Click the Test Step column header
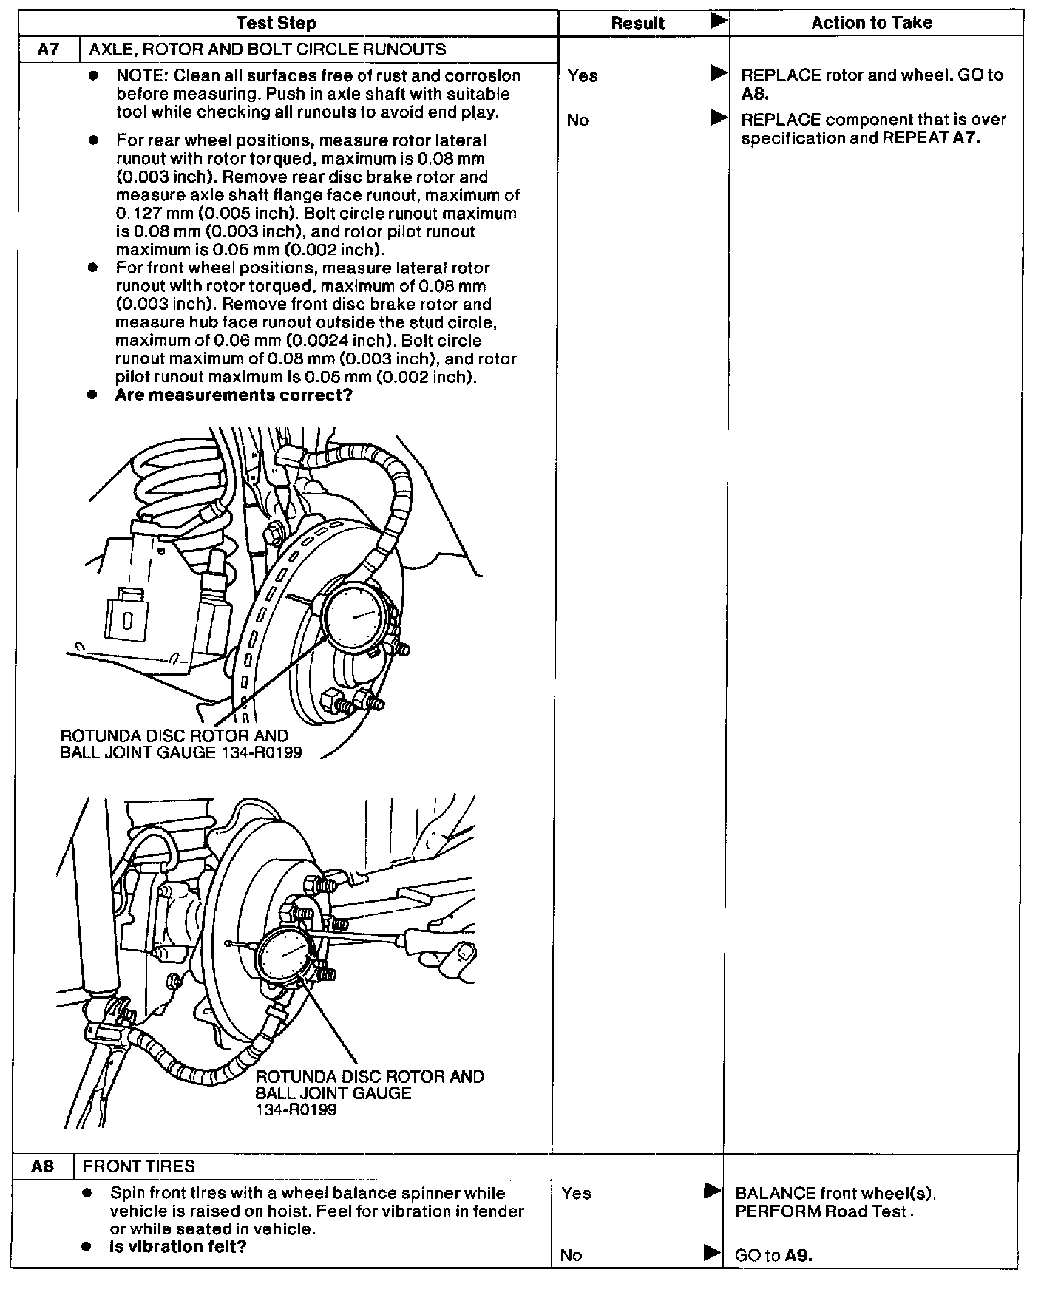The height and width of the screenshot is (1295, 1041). click(276, 23)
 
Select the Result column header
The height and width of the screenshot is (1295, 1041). click(637, 23)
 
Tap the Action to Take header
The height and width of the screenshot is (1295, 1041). click(872, 23)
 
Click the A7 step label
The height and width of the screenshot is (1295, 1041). click(47, 50)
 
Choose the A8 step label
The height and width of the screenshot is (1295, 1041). click(43, 1166)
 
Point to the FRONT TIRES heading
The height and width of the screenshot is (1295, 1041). click(138, 1166)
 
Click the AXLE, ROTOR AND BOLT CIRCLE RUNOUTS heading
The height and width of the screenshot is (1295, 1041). click(268, 50)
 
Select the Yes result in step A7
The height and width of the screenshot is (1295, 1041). click(583, 75)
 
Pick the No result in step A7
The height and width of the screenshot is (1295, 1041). click(577, 120)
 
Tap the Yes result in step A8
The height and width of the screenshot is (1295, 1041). click(576, 1193)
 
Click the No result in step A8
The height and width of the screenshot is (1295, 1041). click(571, 1255)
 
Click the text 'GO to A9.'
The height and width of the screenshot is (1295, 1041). click(773, 1255)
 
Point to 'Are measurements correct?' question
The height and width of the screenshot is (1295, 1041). click(234, 395)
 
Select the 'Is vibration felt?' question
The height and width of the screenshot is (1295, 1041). click(177, 1247)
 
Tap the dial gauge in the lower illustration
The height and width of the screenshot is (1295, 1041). click(285, 954)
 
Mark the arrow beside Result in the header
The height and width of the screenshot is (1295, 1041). click(718, 21)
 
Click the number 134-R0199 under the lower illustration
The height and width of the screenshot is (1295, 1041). click(296, 1110)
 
